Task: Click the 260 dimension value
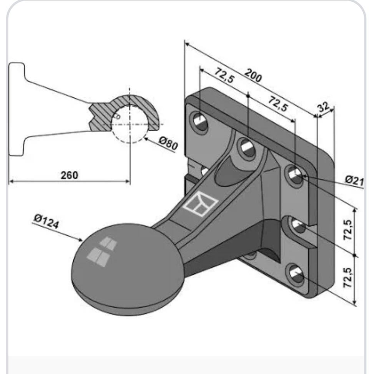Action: tap(69, 175)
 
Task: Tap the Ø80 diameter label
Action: tap(168, 143)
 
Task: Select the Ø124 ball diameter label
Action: tap(46, 221)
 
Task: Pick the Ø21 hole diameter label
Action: tap(354, 181)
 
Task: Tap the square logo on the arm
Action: tap(200, 204)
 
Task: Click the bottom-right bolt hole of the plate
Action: tap(296, 275)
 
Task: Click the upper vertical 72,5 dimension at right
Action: tap(347, 230)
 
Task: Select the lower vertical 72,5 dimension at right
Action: tap(347, 277)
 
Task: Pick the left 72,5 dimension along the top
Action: tap(224, 75)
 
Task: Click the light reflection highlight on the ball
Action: tap(102, 252)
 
